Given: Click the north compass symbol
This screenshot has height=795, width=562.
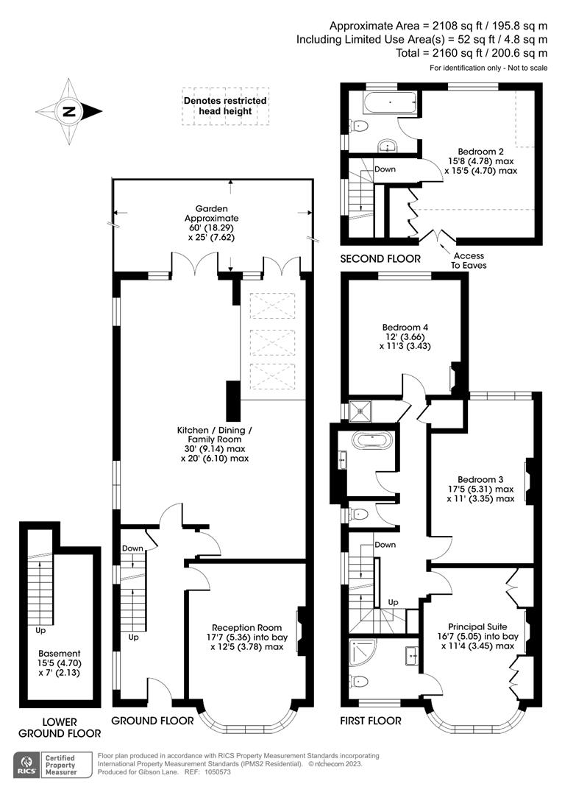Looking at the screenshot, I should click(x=68, y=112).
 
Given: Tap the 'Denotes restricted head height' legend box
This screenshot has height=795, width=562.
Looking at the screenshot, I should click(x=225, y=106).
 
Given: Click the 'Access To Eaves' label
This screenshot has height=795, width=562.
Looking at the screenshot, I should click(x=463, y=261).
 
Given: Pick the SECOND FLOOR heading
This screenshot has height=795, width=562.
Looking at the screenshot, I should click(x=380, y=258).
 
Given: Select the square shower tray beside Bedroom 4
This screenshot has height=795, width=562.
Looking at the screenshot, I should click(x=361, y=409).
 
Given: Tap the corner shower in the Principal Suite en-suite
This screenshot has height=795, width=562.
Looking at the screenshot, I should click(x=363, y=652).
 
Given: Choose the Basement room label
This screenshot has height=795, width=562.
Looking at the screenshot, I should click(x=60, y=653).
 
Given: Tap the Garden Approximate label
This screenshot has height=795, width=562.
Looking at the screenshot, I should click(x=212, y=213).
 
